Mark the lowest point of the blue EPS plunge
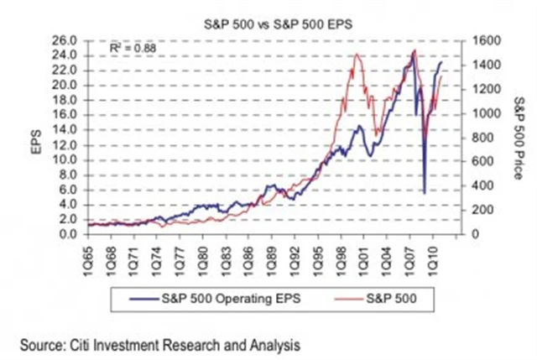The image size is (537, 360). (x=424, y=193)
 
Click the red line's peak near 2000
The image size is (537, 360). (x=357, y=55)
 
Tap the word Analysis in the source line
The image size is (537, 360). (x=275, y=343)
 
